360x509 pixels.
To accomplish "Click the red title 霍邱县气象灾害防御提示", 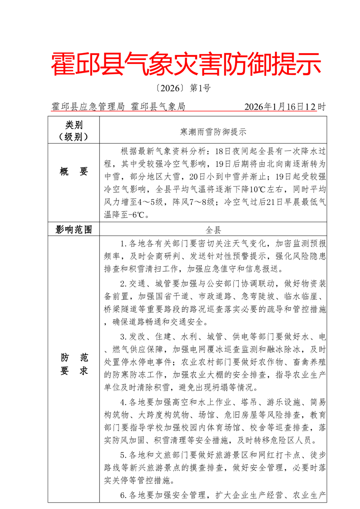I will coord(186,64).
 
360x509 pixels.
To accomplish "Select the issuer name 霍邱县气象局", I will coord(158,107).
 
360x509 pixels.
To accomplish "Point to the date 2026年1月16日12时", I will coord(285,107).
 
